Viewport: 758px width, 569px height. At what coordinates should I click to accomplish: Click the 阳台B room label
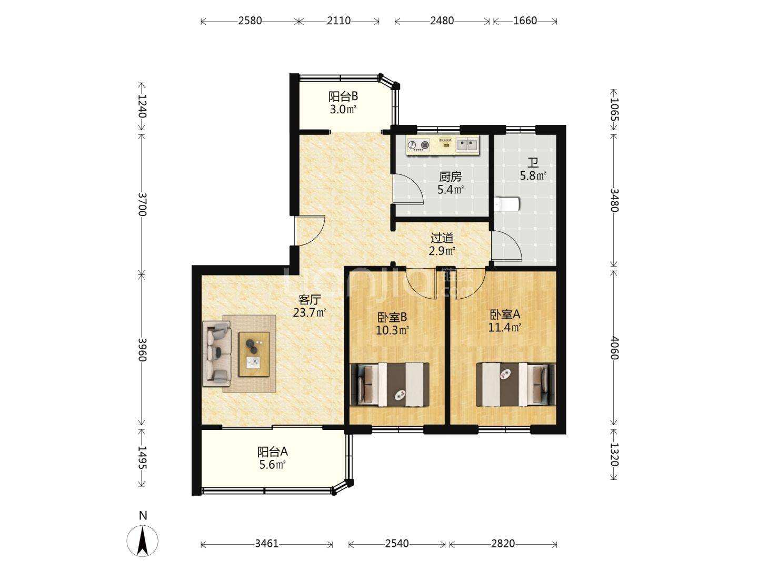pyautogui.click(x=342, y=96)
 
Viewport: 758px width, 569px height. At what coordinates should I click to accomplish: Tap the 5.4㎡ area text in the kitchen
pyautogui.click(x=450, y=189)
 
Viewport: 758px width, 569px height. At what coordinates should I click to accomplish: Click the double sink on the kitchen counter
pyautogui.click(x=467, y=144)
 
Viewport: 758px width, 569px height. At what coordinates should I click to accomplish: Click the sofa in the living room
pyautogui.click(x=216, y=354)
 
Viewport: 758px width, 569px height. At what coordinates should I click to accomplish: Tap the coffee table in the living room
pyautogui.click(x=254, y=354)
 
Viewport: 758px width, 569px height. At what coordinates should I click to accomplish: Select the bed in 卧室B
pyautogui.click(x=390, y=385)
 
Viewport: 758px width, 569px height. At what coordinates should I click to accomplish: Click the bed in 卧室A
pyautogui.click(x=516, y=385)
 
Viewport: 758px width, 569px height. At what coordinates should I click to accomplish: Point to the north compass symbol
pyautogui.click(x=142, y=541)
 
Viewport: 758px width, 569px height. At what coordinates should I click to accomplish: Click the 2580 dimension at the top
pyautogui.click(x=250, y=21)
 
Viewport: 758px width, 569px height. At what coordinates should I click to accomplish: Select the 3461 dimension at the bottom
pyautogui.click(x=266, y=544)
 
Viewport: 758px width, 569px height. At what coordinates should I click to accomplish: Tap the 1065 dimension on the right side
pyautogui.click(x=614, y=110)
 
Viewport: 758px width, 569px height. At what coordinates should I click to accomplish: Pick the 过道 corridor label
pyautogui.click(x=442, y=238)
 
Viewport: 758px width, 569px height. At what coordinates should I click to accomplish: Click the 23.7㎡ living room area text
pyautogui.click(x=310, y=312)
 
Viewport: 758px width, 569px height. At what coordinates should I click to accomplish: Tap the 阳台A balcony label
pyautogui.click(x=273, y=452)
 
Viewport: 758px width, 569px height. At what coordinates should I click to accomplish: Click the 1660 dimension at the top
pyautogui.click(x=525, y=21)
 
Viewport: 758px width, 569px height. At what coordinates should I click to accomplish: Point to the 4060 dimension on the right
pyautogui.click(x=614, y=348)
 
